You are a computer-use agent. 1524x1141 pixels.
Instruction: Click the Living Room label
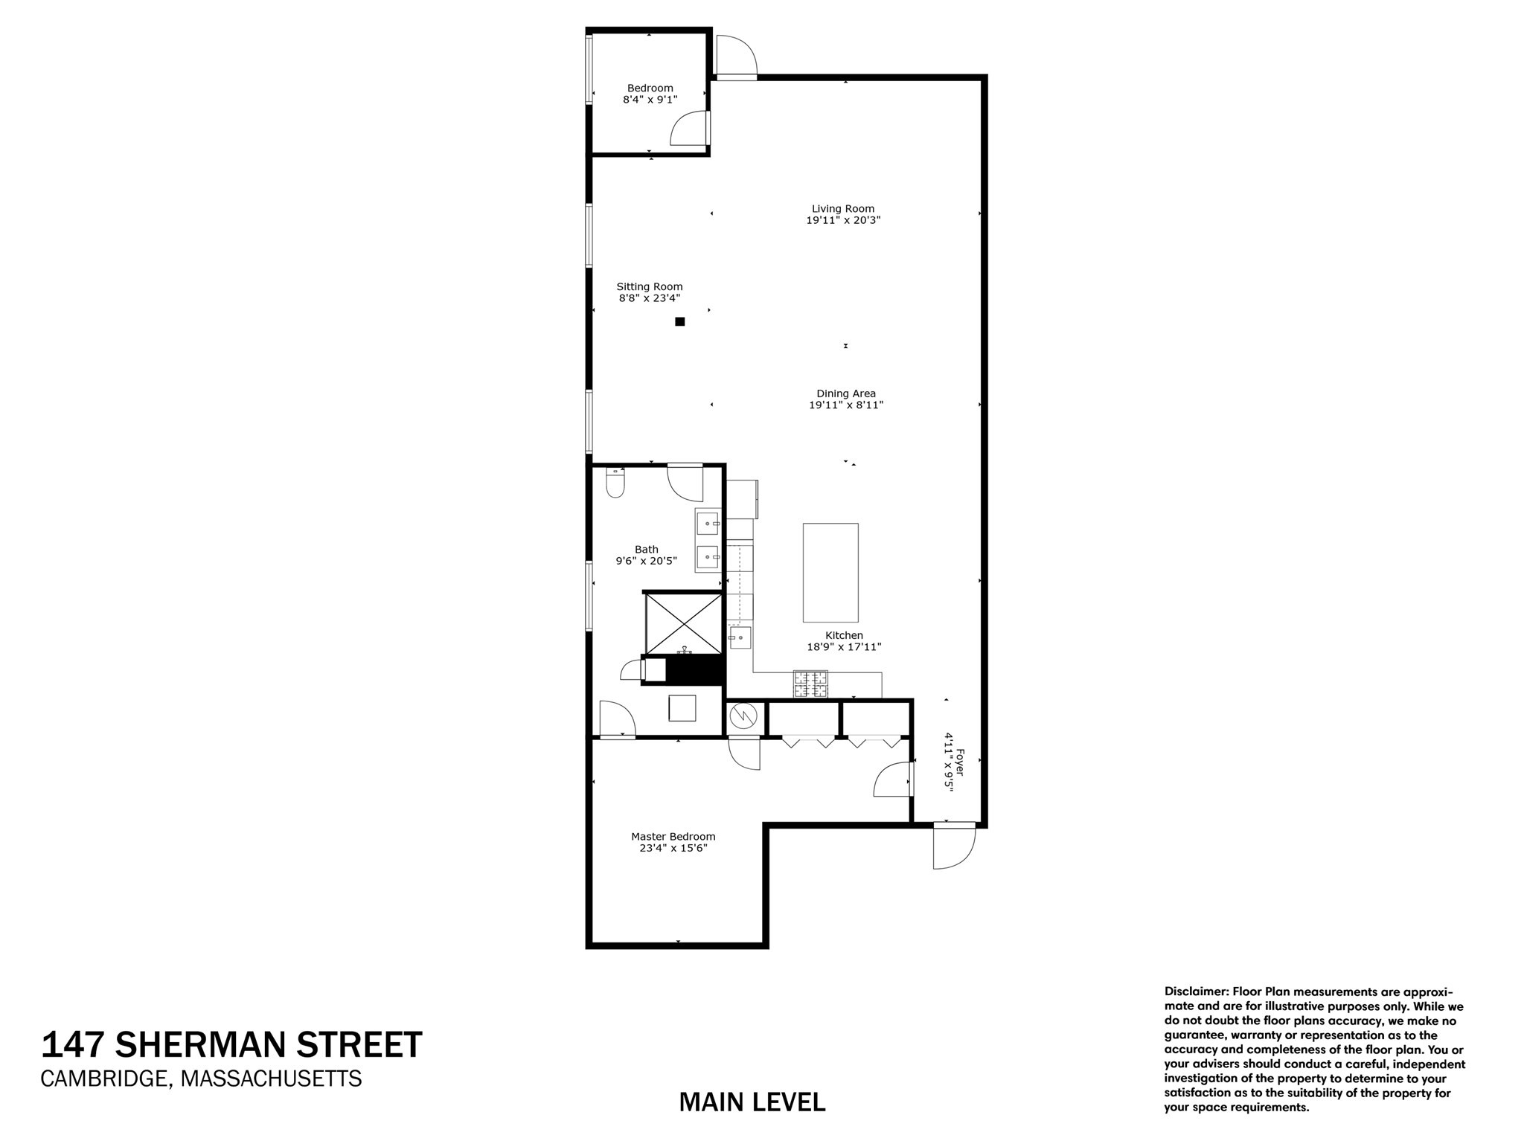(842, 209)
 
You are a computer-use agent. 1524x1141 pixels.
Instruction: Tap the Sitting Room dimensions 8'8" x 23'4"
(649, 298)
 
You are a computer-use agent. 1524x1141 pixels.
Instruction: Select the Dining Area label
(845, 393)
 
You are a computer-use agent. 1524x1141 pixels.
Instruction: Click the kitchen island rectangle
(830, 572)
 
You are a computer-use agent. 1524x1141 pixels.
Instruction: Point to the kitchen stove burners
(810, 684)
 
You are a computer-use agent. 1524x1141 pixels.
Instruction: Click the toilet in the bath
(615, 483)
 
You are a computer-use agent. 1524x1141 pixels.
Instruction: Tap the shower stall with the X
(682, 623)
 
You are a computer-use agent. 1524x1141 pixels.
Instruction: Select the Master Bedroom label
(673, 836)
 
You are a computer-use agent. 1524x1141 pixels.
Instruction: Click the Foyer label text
(959, 762)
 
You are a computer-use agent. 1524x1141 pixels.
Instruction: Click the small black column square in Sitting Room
(679, 322)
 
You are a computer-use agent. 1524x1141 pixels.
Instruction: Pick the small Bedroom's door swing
(688, 128)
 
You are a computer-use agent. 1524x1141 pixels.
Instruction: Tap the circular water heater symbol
(742, 717)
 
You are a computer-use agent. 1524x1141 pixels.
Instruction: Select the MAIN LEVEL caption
(752, 1102)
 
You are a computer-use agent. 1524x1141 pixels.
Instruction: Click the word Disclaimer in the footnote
(1196, 991)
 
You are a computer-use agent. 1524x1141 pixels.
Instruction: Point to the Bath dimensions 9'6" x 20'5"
(646, 562)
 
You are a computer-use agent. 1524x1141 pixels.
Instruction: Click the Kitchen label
(844, 635)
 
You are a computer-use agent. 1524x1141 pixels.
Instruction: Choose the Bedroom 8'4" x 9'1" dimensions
(650, 99)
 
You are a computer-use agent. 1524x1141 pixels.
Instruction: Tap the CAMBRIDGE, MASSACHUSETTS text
(201, 1079)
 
